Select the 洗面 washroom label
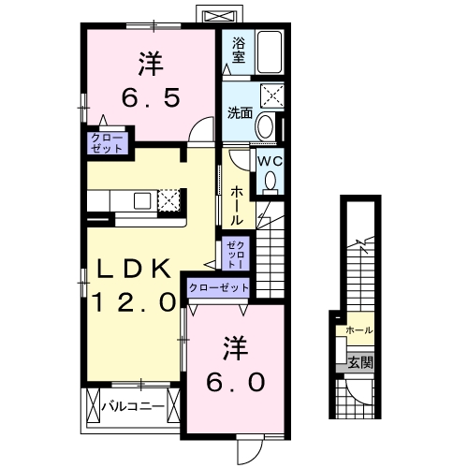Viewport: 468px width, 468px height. pos(240,113)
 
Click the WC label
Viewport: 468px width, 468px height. pos(270,161)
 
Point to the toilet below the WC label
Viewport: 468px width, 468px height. pos(271,183)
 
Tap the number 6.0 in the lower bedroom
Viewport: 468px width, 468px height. pos(235,381)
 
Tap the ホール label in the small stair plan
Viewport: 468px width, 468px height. pos(359,330)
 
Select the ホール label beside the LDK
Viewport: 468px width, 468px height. pos(238,201)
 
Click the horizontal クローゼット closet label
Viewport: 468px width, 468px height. pos(219,288)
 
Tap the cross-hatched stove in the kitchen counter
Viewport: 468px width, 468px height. pos(169,199)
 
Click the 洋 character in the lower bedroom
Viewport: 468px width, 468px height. pos(235,349)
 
